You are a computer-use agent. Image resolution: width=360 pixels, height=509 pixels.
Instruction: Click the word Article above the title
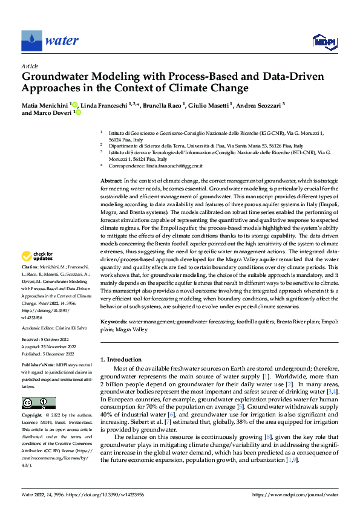pyautogui.click(x=30, y=66)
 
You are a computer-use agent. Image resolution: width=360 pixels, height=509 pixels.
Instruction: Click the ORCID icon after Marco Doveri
pyautogui.click(x=78, y=112)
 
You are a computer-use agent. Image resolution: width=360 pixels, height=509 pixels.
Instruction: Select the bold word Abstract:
pyautogui.click(x=111, y=181)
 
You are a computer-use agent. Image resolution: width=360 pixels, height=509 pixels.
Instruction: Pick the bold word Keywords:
pyautogui.click(x=114, y=322)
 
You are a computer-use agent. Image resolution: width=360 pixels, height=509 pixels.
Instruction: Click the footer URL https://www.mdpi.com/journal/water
pyautogui.click(x=295, y=494)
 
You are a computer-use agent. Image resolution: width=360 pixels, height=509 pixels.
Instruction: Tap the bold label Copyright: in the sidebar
pyautogui.click(x=32, y=417)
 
